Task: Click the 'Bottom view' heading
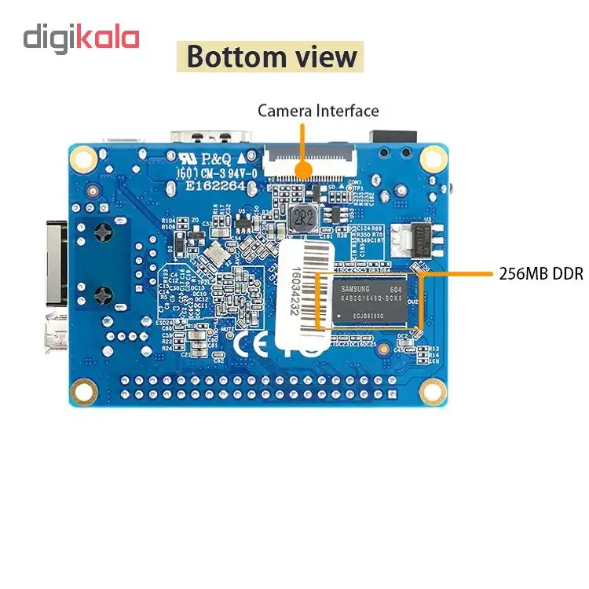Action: (272, 57)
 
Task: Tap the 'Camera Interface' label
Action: (318, 111)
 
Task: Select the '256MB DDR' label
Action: (540, 274)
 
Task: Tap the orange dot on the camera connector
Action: (302, 166)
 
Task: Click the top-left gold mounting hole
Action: (81, 159)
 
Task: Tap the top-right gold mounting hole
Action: (431, 159)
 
